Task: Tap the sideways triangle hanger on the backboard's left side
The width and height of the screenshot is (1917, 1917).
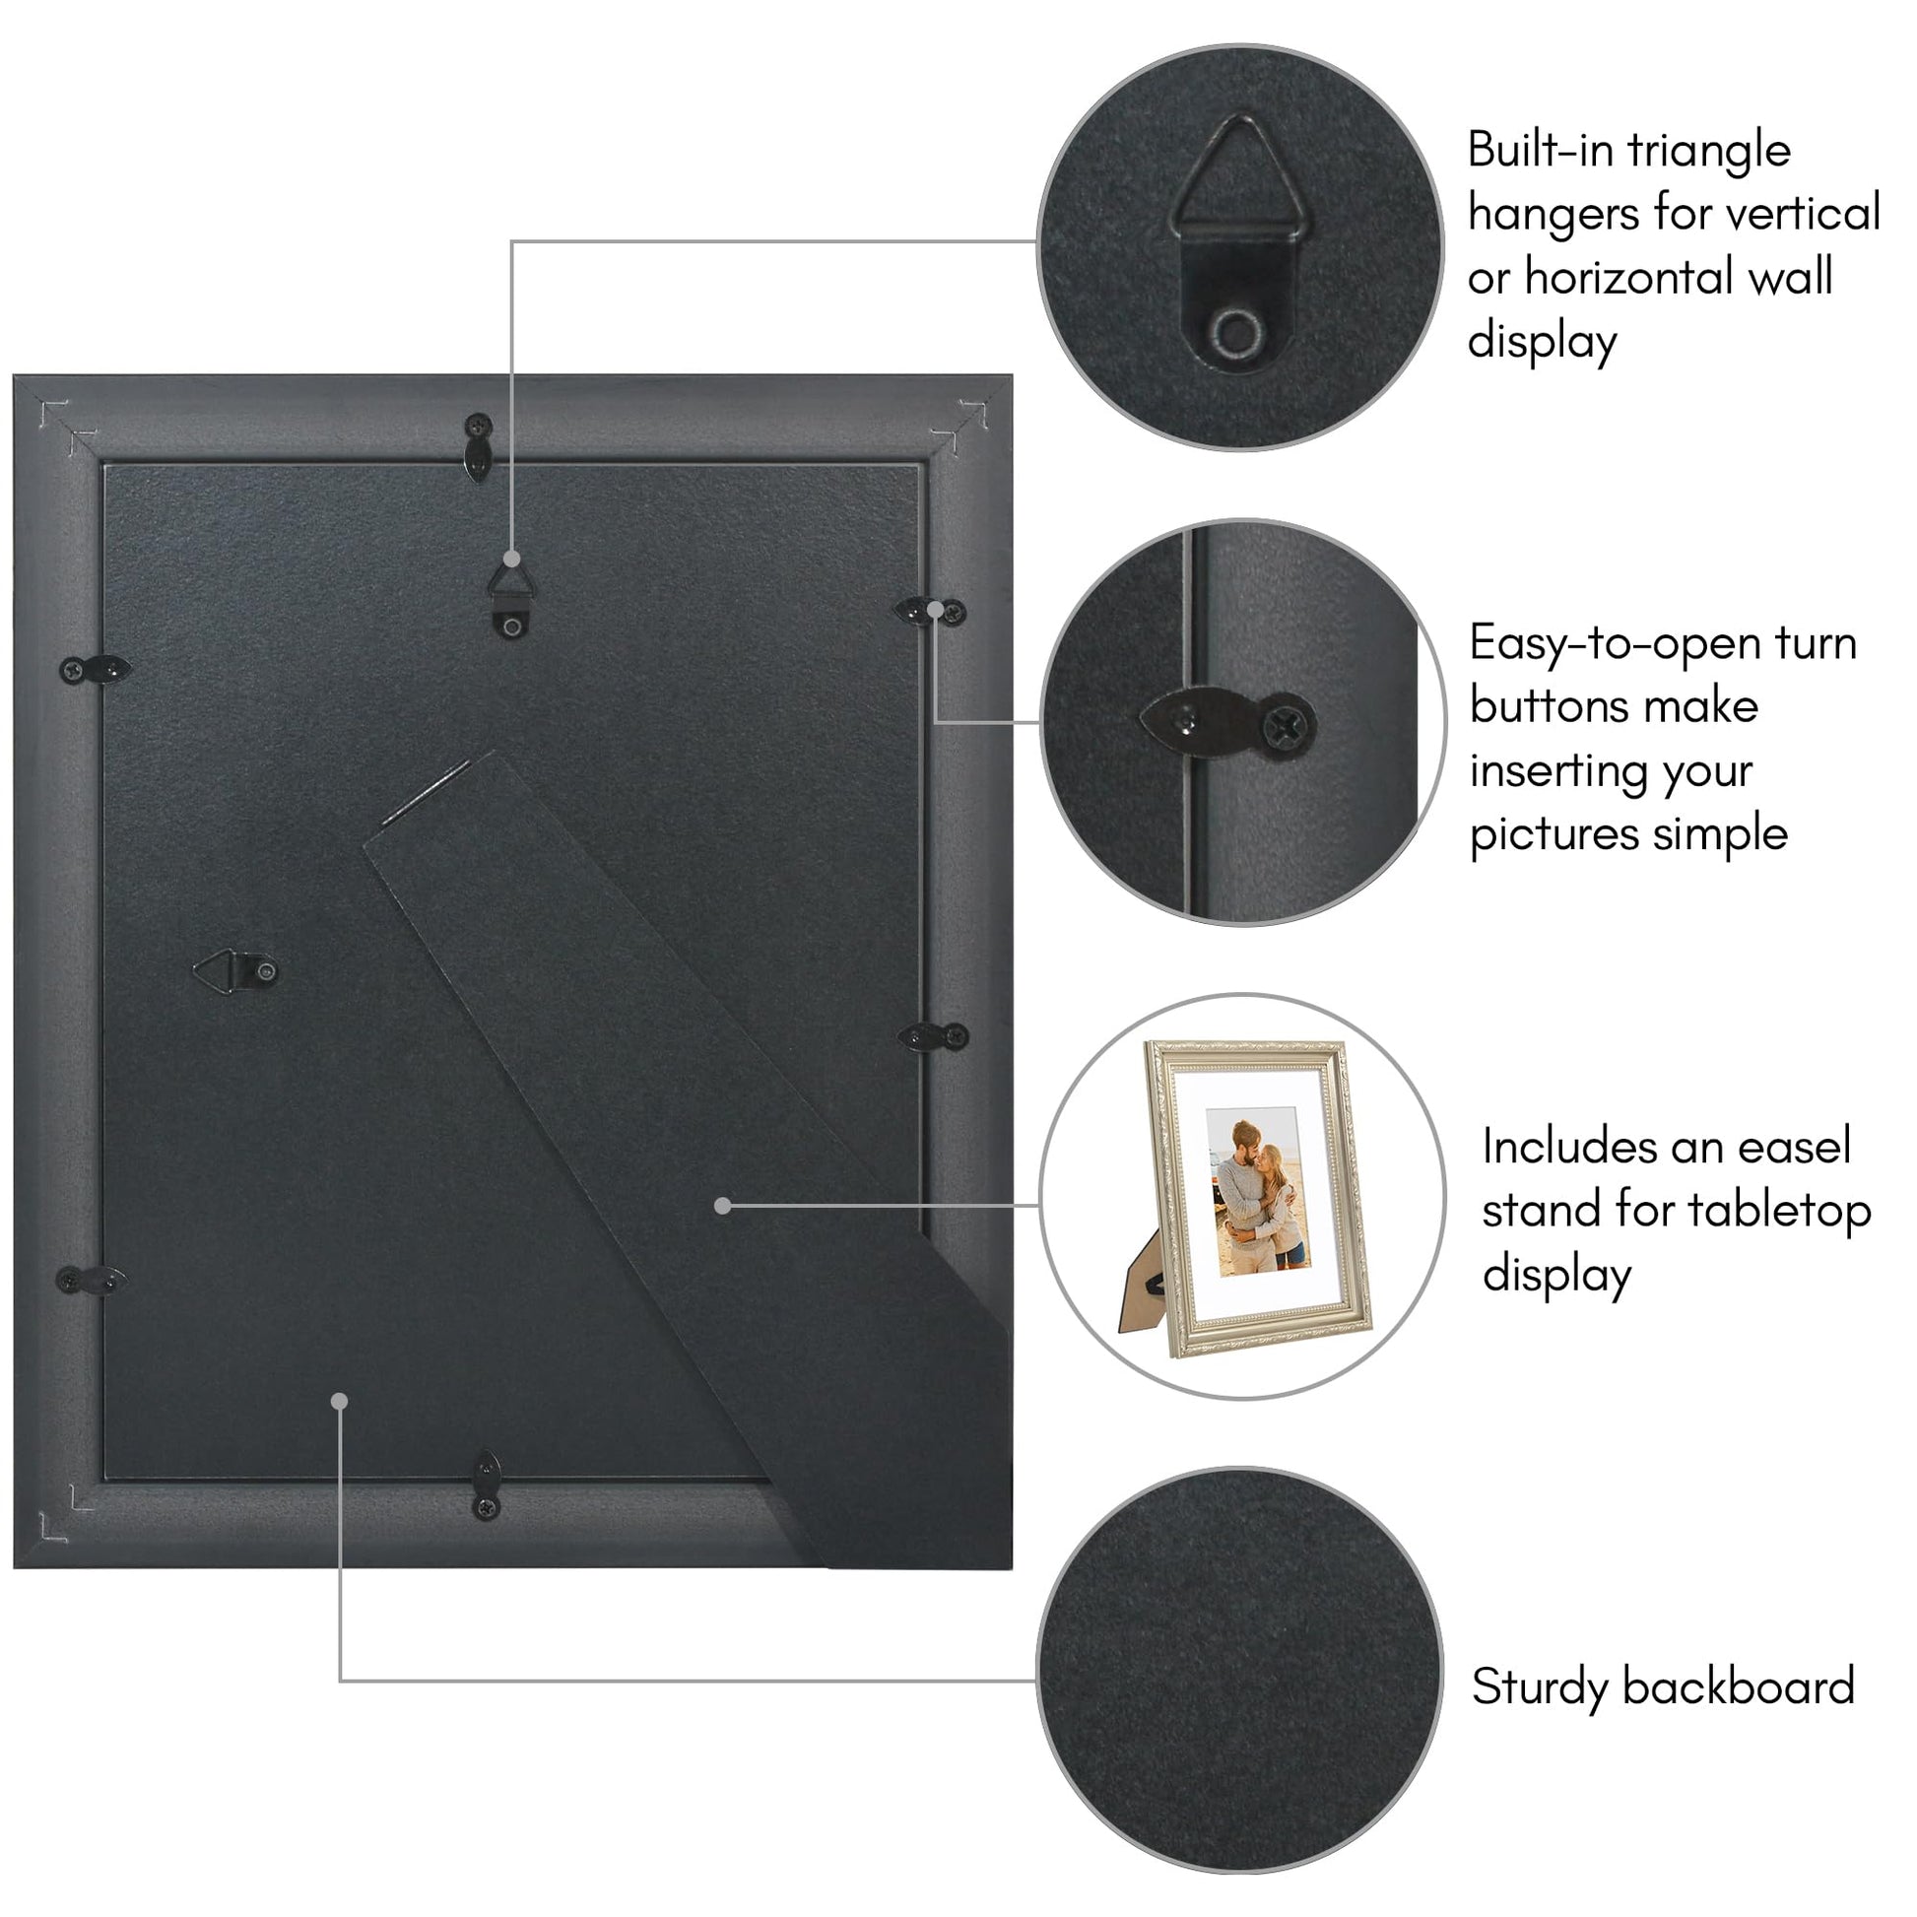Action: (x=236, y=971)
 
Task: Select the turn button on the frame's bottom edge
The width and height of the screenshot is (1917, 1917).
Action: (x=487, y=1484)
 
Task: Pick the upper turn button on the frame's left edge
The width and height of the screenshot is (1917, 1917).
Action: (x=96, y=670)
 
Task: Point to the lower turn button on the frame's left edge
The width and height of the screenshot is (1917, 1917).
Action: (x=93, y=1280)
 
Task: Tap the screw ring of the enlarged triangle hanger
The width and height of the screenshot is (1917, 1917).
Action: (x=1237, y=331)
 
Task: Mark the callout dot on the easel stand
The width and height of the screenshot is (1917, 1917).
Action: (x=722, y=1206)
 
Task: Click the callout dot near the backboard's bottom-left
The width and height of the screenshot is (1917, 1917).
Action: (x=339, y=1401)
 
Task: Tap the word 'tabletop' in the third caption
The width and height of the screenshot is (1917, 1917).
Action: (x=1779, y=1213)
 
